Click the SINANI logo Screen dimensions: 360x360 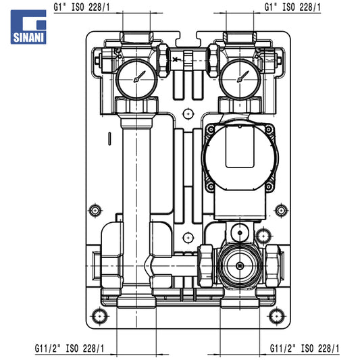[28, 27]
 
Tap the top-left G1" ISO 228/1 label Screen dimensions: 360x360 [82, 7]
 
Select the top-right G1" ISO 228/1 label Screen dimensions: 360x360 [292, 7]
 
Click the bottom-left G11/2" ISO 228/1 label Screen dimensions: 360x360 [70, 349]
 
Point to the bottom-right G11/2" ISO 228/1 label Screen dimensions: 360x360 [305, 349]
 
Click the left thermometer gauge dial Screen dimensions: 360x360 [137, 80]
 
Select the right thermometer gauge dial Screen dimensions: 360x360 [240, 80]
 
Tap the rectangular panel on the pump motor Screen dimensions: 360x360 [240, 147]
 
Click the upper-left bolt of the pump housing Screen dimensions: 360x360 [211, 130]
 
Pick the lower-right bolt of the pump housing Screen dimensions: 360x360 [269, 186]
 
